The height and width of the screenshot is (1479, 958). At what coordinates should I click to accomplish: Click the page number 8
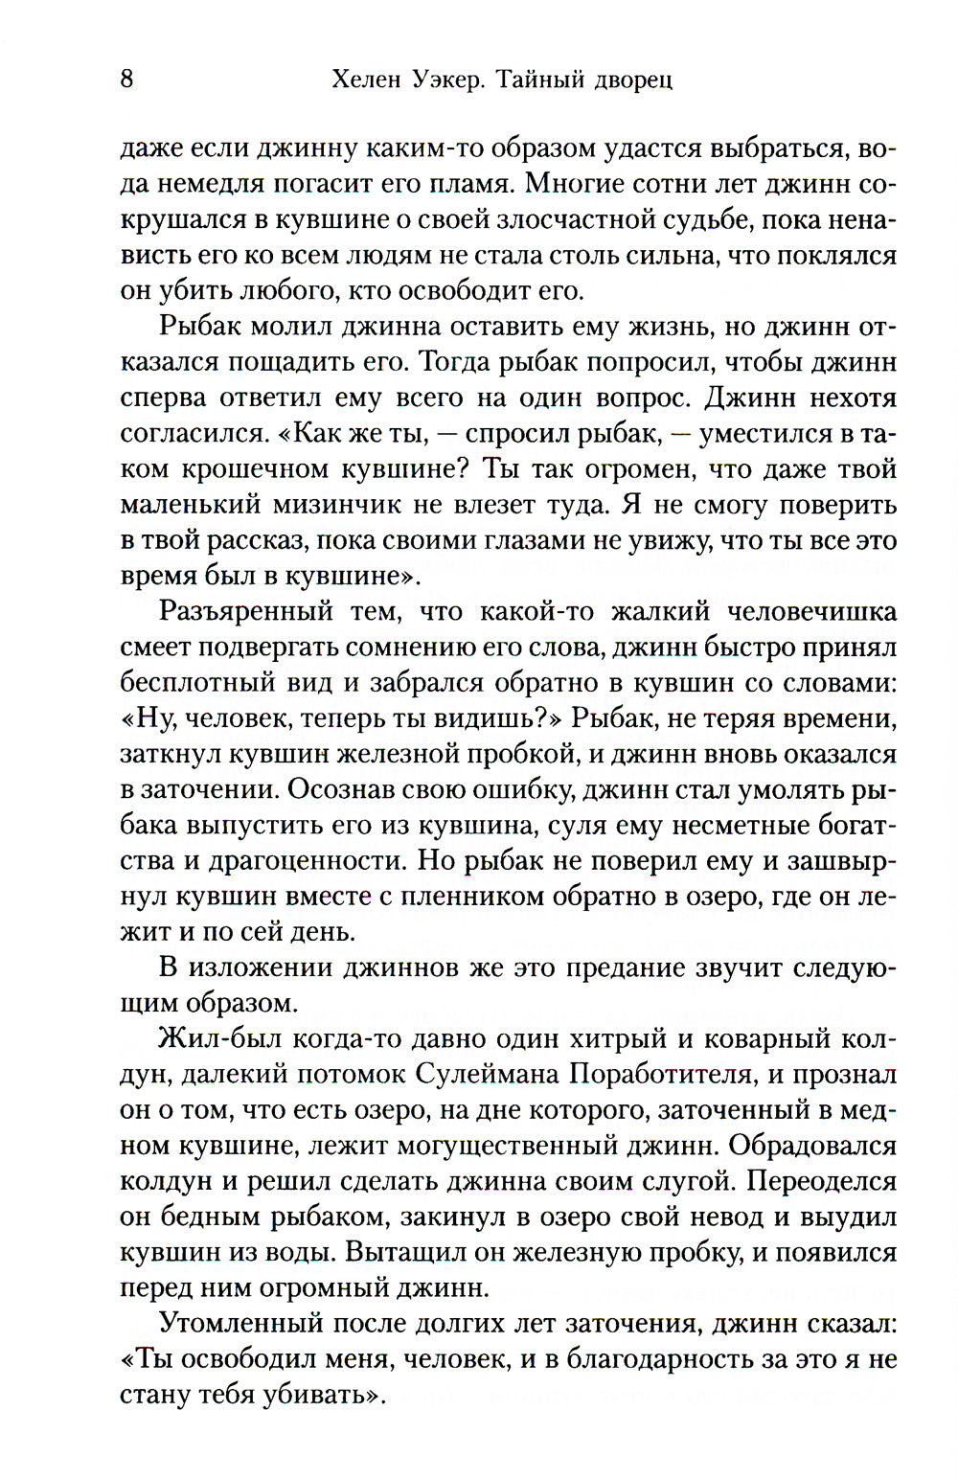(x=126, y=79)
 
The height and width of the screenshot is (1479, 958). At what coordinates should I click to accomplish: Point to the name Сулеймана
(x=490, y=1074)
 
